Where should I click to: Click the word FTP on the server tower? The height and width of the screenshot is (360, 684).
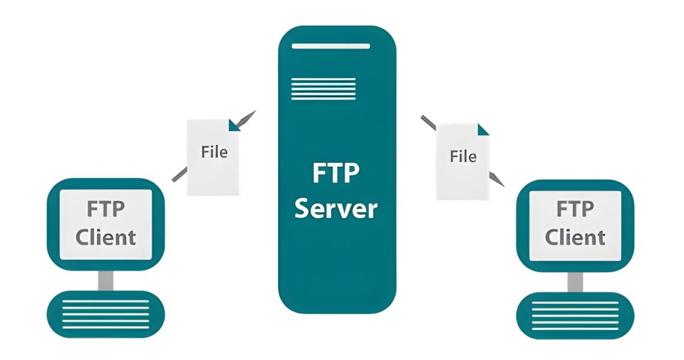(x=337, y=174)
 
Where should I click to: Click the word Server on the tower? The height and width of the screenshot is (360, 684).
(x=337, y=208)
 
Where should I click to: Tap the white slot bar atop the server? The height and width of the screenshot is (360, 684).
(x=331, y=46)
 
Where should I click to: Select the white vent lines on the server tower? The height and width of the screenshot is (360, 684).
(x=323, y=88)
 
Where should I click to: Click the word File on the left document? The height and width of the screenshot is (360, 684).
(x=214, y=152)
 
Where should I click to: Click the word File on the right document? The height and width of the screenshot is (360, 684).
(x=463, y=157)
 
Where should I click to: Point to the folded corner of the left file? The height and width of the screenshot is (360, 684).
(x=233, y=124)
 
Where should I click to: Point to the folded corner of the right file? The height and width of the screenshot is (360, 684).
(x=482, y=128)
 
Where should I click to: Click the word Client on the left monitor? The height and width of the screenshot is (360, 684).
(x=106, y=237)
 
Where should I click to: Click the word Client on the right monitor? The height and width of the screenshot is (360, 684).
(x=575, y=237)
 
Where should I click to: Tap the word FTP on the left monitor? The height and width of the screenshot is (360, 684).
(x=106, y=209)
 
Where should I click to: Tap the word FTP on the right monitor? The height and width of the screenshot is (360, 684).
(x=575, y=209)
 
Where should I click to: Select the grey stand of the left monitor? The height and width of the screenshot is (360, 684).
(x=106, y=280)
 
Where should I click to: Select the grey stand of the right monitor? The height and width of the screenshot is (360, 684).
(x=575, y=281)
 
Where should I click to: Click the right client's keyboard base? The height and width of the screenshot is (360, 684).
(x=575, y=315)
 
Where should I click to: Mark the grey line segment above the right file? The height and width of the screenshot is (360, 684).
(x=428, y=122)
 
